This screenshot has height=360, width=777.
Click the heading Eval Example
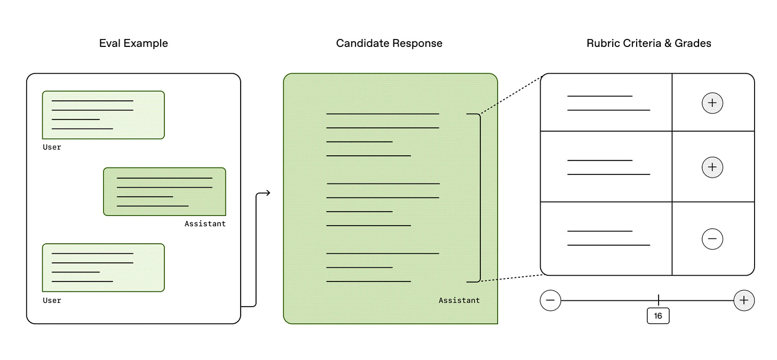(x=133, y=43)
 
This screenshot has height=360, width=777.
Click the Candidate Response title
(x=389, y=43)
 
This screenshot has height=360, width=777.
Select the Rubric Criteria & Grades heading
(x=648, y=43)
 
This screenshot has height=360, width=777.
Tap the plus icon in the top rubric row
(x=712, y=102)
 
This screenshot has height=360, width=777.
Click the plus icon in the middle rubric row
(x=712, y=167)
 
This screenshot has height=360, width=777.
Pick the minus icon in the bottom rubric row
(x=712, y=239)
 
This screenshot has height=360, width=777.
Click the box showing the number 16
(x=658, y=316)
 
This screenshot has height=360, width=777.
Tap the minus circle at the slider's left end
(x=551, y=300)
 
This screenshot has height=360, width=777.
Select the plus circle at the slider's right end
(x=744, y=300)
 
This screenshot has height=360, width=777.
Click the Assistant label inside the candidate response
(x=459, y=300)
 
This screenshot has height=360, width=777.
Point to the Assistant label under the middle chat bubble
(x=205, y=223)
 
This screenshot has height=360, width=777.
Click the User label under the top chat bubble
(x=52, y=147)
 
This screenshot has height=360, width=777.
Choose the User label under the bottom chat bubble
(x=52, y=300)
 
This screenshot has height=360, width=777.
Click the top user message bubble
(x=104, y=115)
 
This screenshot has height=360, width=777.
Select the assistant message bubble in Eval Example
(x=164, y=191)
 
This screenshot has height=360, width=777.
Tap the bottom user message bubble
(x=104, y=268)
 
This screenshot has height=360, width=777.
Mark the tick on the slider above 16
(x=658, y=300)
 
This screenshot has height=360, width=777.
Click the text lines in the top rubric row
(x=608, y=103)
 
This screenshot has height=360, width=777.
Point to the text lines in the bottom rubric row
(x=608, y=238)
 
